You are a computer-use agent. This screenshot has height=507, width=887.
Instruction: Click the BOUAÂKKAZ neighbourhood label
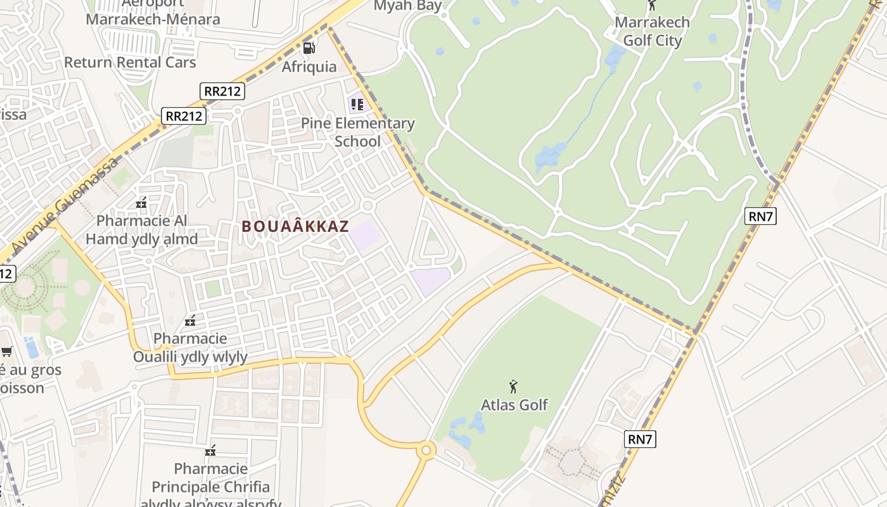click(295, 226)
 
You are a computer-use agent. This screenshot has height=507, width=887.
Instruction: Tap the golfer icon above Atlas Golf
click(513, 386)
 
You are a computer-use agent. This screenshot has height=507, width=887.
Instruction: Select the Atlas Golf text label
click(514, 404)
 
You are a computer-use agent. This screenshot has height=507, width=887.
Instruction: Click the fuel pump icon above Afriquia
click(309, 48)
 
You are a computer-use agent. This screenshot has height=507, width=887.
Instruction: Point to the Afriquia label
click(309, 67)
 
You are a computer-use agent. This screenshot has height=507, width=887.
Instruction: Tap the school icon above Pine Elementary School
click(357, 103)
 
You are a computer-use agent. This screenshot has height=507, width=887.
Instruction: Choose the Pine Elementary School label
click(357, 132)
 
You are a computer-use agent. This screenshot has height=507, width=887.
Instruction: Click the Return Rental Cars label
click(130, 62)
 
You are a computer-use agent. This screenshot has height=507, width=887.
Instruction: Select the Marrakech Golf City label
click(652, 32)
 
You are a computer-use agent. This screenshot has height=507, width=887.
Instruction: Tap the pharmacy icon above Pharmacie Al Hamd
click(141, 203)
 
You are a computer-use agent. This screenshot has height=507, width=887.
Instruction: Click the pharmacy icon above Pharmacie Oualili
click(189, 321)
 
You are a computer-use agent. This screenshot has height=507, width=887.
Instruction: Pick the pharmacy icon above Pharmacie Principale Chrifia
click(210, 451)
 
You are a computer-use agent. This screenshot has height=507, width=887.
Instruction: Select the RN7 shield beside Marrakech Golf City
click(760, 216)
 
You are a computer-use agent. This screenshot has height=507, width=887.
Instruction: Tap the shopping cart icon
click(6, 351)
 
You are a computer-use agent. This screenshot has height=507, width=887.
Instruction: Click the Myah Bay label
click(407, 6)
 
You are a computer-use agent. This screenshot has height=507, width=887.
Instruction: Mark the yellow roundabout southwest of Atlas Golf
click(426, 451)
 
